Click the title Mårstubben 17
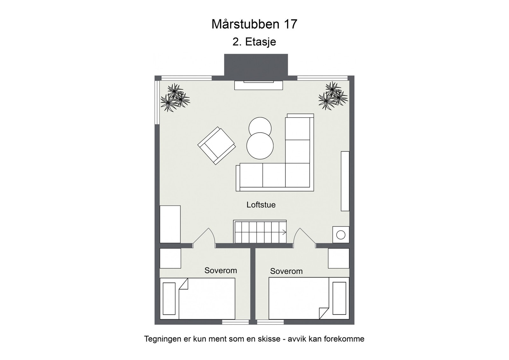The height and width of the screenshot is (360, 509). [x=254, y=24]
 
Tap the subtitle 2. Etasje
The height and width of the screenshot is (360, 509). [x=254, y=42]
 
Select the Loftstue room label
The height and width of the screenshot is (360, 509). [x=261, y=205]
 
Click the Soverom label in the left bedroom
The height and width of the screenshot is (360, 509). [x=220, y=271]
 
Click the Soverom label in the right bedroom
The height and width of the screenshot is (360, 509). [x=286, y=271]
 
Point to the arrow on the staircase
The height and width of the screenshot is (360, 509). [x=283, y=232]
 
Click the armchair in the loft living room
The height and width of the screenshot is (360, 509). [x=217, y=146]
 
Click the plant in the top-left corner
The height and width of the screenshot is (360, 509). [x=175, y=97]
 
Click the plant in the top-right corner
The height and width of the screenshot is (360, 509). [x=333, y=95]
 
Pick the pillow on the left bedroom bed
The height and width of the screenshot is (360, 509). [x=169, y=299]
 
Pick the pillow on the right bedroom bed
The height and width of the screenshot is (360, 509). [x=339, y=298]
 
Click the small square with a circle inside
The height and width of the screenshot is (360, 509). [x=341, y=235]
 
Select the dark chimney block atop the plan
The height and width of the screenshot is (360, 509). [x=256, y=65]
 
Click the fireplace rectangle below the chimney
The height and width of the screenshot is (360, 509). [x=258, y=85]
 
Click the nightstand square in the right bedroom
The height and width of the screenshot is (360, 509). [x=338, y=258]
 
